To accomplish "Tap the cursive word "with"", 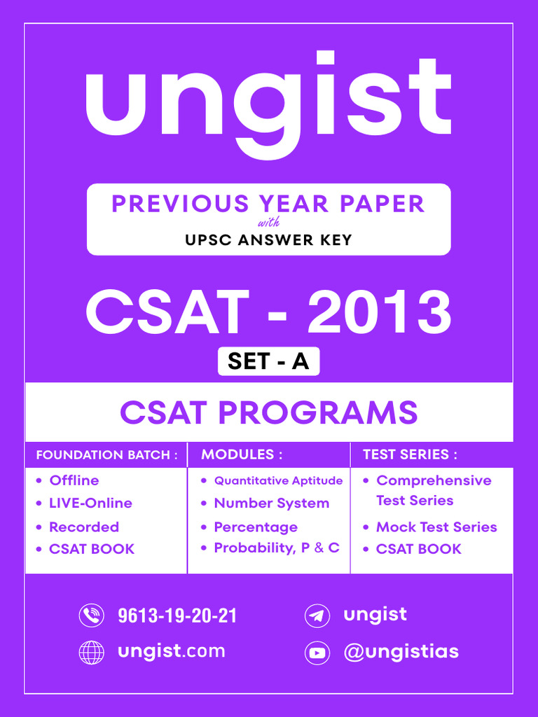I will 268,224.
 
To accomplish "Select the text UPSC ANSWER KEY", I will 268,240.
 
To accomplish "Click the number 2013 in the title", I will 379,313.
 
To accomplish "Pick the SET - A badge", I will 268,361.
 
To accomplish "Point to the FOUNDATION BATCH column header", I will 102,455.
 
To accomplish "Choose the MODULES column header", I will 242,454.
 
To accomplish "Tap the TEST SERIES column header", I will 410,454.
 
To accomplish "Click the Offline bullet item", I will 74,480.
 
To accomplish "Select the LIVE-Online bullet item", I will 90,503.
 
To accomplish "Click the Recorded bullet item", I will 83,527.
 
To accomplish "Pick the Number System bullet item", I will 271,503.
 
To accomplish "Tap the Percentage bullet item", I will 255,527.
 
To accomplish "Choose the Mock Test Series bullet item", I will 436,527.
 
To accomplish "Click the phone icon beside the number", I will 91,615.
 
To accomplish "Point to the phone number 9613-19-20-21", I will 177,615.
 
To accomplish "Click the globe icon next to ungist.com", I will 91,652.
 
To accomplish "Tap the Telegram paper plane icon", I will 317,616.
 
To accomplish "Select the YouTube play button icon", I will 317,653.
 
